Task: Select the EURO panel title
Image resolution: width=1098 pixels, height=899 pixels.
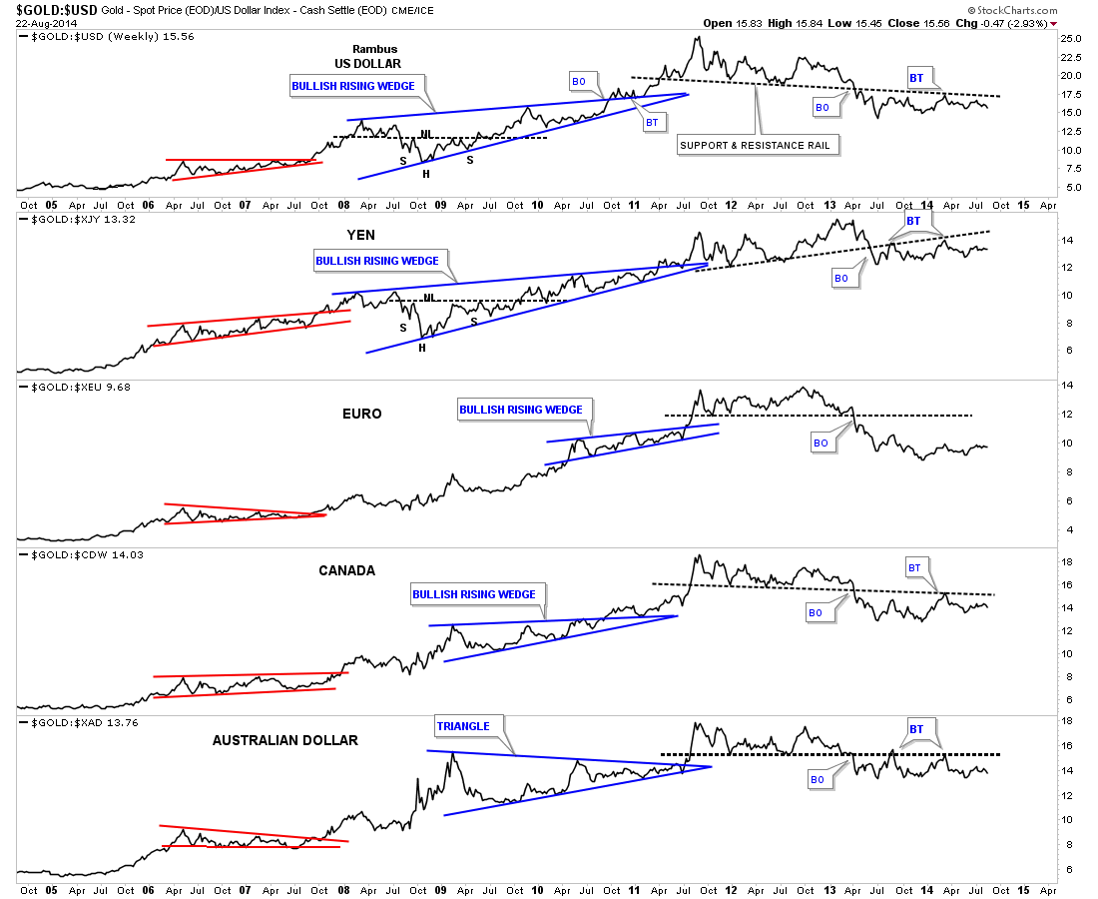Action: point(361,414)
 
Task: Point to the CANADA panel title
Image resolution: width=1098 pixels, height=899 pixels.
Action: point(346,570)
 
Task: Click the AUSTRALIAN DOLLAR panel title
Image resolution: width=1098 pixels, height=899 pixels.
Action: point(284,740)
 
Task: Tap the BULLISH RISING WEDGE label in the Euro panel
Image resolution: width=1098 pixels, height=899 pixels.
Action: point(520,410)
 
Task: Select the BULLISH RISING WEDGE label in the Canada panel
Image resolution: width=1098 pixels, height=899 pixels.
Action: point(474,594)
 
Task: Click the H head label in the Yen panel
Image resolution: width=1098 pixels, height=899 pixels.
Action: point(422,347)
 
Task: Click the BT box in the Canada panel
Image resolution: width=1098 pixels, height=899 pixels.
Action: point(915,567)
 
